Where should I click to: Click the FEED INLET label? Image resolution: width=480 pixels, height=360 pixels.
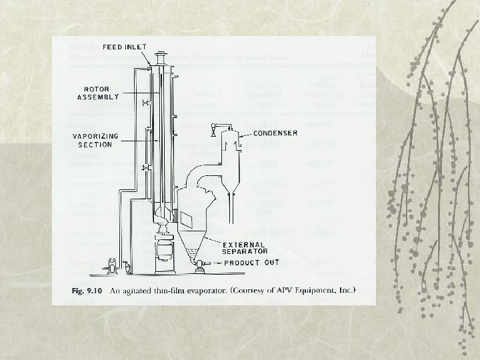125,47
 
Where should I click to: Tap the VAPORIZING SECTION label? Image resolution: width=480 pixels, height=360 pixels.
96,140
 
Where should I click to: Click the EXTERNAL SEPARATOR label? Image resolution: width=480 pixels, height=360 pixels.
246,247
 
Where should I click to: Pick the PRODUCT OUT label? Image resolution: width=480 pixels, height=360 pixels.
251,263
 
